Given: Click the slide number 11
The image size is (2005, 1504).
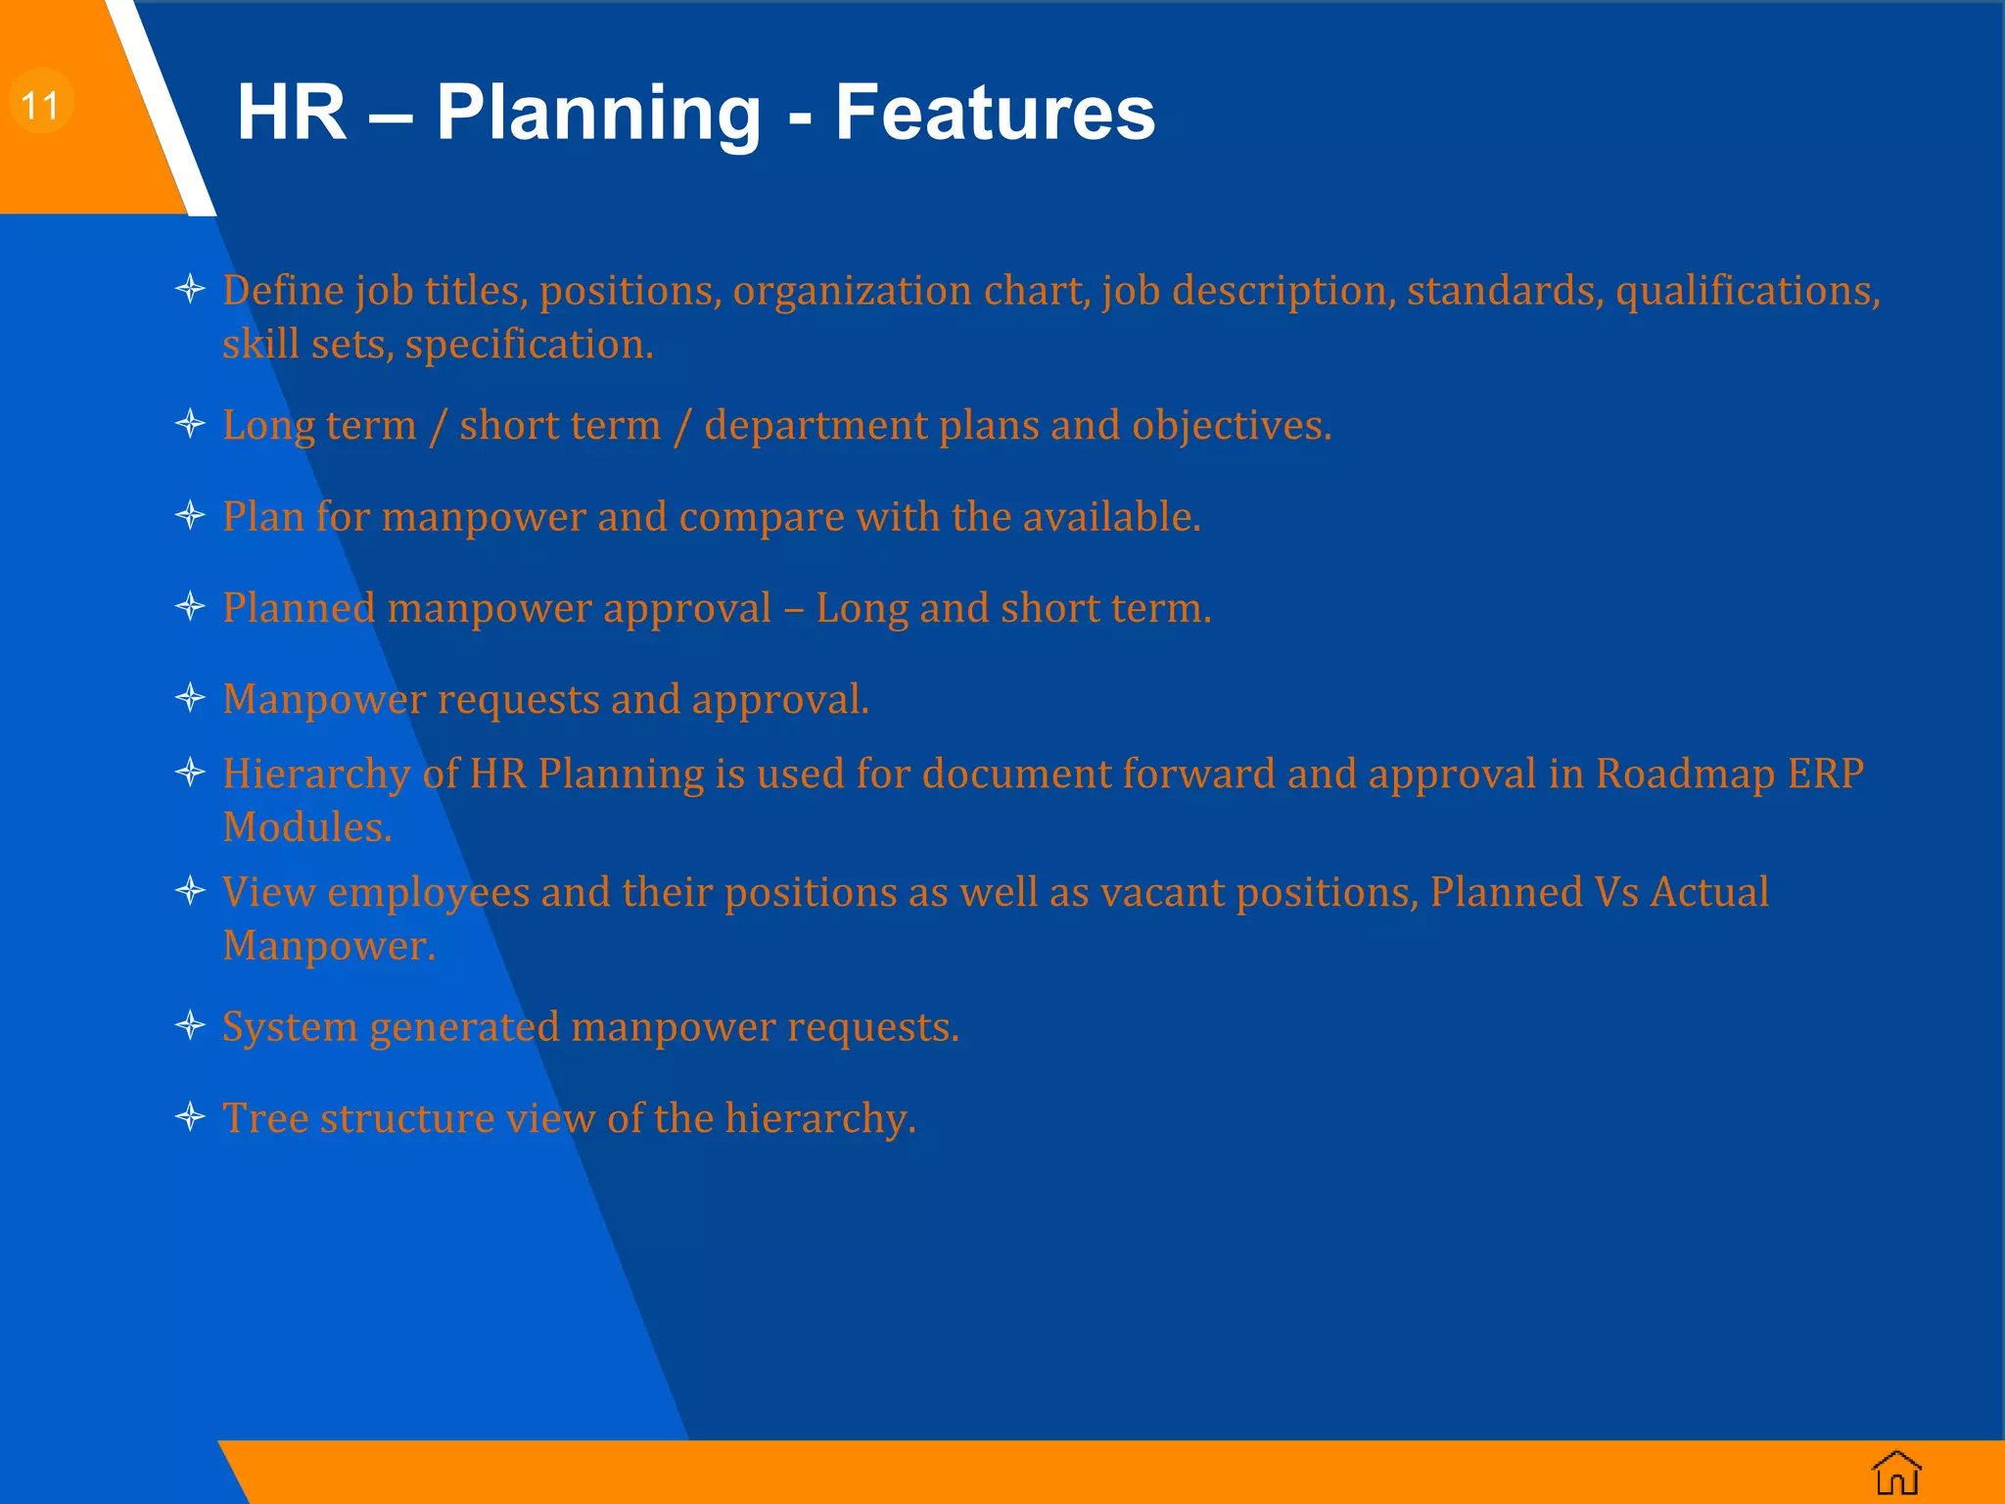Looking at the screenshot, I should click(40, 105).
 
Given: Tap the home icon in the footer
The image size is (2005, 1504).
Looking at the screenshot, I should click(1896, 1473).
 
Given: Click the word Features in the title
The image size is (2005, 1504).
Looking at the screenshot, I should click(995, 113).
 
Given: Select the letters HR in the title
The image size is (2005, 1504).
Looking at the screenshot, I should click(292, 113).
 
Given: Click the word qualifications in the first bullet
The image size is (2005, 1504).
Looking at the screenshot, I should click(1747, 291).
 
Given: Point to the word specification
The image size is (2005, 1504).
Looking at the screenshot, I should click(529, 345).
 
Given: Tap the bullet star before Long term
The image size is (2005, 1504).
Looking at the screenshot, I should click(190, 424).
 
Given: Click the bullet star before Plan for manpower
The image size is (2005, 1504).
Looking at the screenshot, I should click(190, 515).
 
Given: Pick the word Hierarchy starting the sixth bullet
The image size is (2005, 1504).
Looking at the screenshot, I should click(316, 775).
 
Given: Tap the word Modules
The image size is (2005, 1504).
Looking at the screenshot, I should click(306, 828).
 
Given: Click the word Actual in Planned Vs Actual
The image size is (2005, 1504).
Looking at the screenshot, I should click(1709, 893).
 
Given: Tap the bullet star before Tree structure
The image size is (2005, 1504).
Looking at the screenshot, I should click(190, 1116).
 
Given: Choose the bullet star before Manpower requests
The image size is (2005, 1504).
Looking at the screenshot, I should click(190, 698).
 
